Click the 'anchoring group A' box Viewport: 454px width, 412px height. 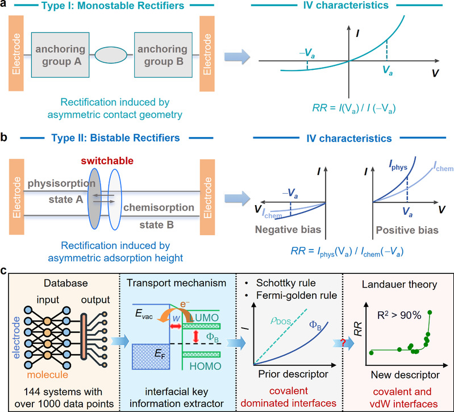[60, 55]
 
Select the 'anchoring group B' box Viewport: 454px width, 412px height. [163, 55]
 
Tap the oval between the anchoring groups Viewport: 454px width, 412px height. [111, 55]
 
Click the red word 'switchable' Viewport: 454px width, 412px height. [107, 161]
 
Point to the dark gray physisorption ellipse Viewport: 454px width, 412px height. [94, 199]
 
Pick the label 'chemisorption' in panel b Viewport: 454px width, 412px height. [159, 207]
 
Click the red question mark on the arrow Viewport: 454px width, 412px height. [343, 343]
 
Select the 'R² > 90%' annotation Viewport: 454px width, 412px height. [399, 315]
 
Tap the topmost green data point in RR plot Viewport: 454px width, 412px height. [430, 312]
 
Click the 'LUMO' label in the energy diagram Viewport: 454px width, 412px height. [204, 318]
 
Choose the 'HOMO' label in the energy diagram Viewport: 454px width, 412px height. [205, 367]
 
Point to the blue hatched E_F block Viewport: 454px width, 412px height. [151, 356]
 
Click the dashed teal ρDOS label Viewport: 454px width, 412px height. [280, 321]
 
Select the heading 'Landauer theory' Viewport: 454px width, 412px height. [399, 284]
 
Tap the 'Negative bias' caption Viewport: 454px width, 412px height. [288, 230]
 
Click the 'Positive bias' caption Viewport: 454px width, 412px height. [407, 230]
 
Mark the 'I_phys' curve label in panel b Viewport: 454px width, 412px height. [398, 165]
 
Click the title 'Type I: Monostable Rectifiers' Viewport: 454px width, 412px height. [113, 6]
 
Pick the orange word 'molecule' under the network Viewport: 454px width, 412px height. [48, 374]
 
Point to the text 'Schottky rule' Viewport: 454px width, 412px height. [286, 283]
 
